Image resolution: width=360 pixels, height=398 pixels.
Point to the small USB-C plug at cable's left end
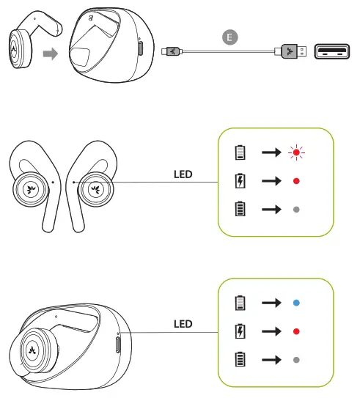(x=171, y=51)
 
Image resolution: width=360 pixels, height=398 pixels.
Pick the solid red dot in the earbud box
(x=295, y=180)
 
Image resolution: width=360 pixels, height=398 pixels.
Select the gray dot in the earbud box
(x=295, y=209)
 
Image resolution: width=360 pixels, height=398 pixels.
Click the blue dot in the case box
(x=295, y=302)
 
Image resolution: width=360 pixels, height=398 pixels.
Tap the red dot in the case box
(x=295, y=331)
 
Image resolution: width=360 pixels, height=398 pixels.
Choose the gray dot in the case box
(x=295, y=360)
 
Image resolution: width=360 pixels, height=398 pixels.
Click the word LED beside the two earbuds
(x=183, y=175)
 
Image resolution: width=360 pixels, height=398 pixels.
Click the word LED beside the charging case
(x=183, y=323)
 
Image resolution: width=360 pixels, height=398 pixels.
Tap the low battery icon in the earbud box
(x=240, y=152)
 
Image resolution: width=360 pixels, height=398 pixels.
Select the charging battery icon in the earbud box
(x=240, y=180)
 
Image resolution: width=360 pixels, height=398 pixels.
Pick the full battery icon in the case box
(x=240, y=360)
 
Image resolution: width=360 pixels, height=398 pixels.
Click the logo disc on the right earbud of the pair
(x=94, y=188)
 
